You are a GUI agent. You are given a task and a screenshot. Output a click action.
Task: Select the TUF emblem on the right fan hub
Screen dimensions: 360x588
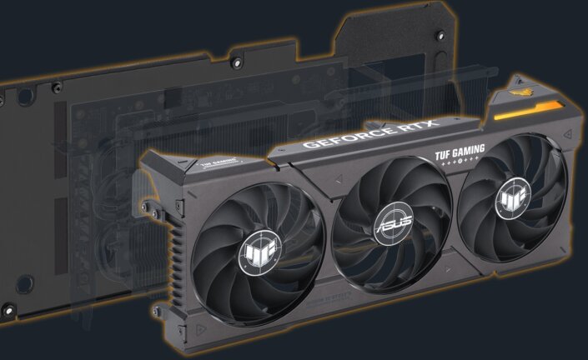point(509,200)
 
